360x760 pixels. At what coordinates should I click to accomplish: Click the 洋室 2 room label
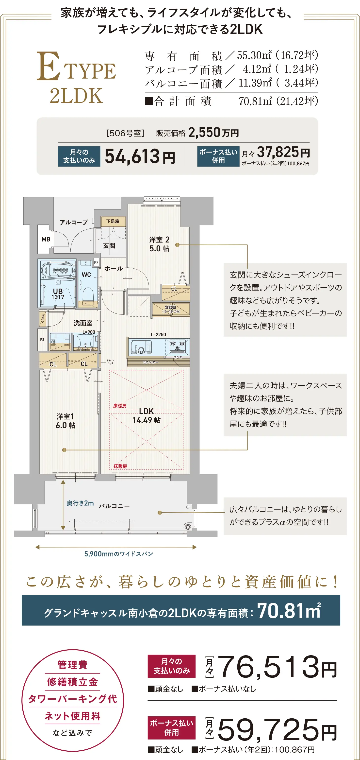(159, 244)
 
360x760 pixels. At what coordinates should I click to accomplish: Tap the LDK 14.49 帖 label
(147, 415)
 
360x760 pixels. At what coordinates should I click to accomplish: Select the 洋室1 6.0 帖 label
(65, 420)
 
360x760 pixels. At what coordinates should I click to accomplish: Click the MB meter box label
(46, 239)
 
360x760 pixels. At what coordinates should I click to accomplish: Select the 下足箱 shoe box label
(113, 221)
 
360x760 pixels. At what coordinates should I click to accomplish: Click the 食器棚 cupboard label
(171, 309)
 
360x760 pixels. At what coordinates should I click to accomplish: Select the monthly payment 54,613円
(140, 156)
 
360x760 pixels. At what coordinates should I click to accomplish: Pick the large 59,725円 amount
(277, 729)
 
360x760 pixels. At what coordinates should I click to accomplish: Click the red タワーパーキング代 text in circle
(73, 699)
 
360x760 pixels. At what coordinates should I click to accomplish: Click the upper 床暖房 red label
(120, 406)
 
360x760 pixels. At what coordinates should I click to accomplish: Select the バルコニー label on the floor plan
(114, 506)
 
